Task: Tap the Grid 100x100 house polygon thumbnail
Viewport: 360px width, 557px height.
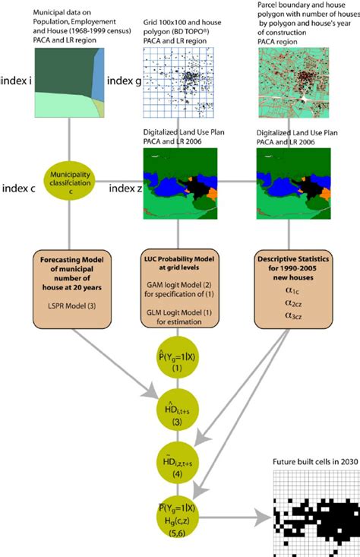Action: (x=180, y=79)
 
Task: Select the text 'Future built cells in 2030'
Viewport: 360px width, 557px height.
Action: (x=314, y=463)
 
